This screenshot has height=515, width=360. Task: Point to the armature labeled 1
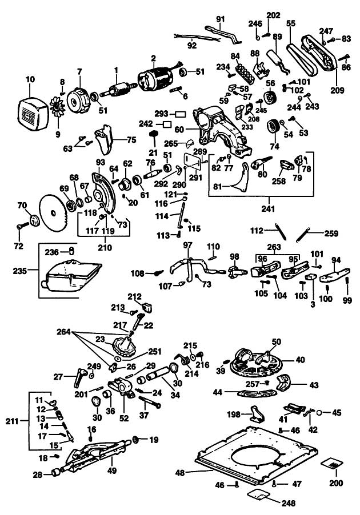(118, 90)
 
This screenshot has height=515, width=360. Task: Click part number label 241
(268, 208)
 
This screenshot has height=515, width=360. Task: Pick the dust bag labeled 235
(70, 276)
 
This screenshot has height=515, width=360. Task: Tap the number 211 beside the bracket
(12, 421)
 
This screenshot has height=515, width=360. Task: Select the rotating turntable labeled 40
(256, 364)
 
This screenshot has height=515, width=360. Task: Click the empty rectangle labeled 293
(180, 114)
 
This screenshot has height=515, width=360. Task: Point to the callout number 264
(63, 332)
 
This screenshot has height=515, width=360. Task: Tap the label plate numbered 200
(332, 465)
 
